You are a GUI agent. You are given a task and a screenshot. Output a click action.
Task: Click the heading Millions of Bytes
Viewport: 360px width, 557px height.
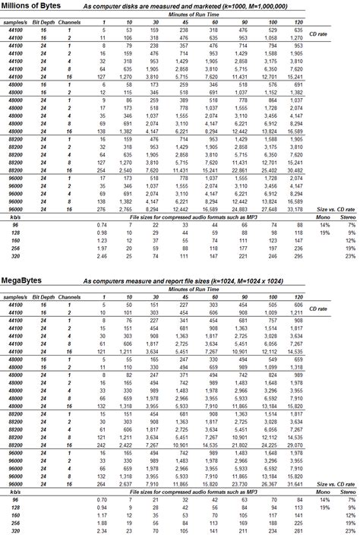click(32, 5)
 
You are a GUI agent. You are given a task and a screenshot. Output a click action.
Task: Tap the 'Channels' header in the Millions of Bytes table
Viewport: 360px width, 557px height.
click(69, 23)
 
